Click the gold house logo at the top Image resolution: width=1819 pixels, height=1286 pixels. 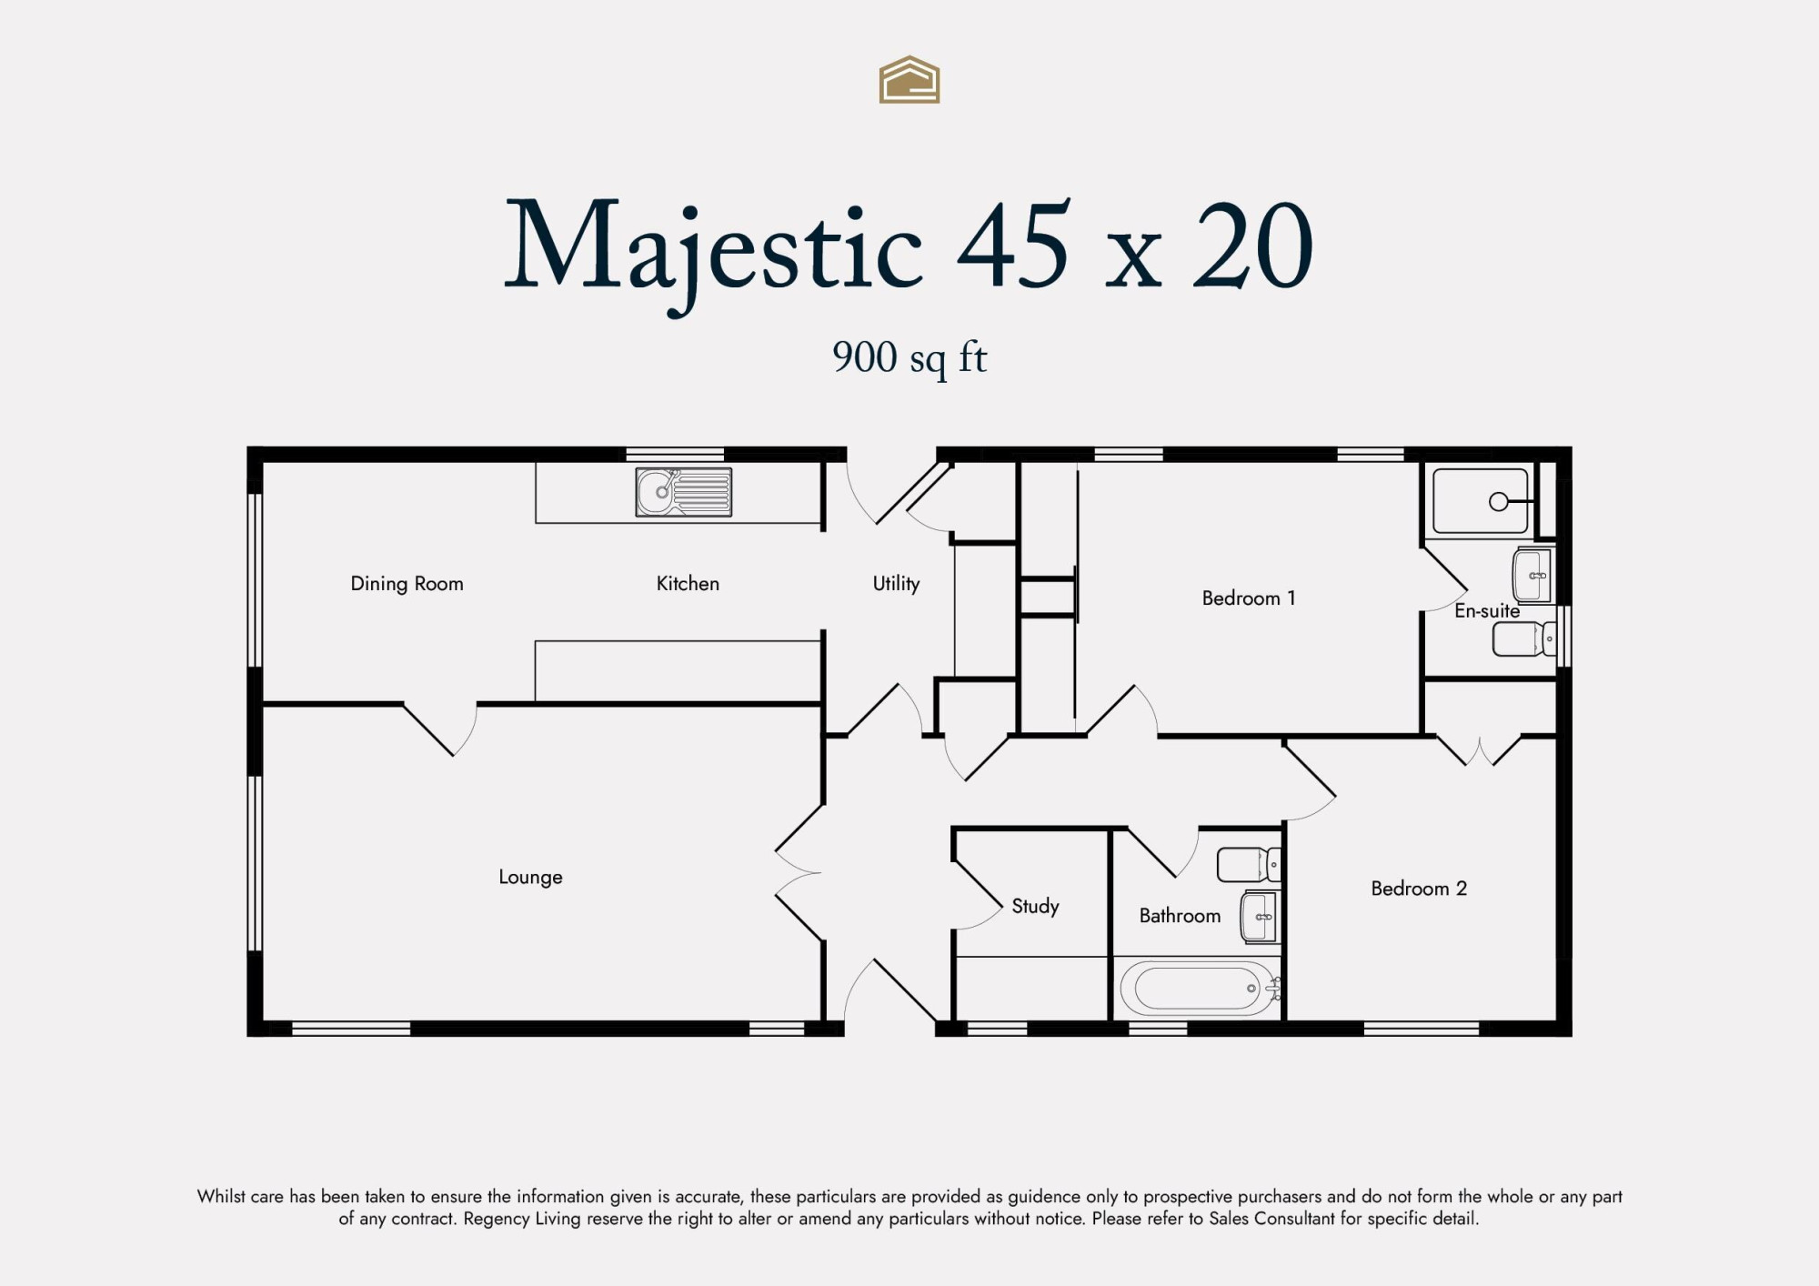click(x=909, y=80)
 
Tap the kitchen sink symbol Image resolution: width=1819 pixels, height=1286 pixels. click(x=683, y=492)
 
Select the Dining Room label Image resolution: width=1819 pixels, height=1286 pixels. click(x=407, y=584)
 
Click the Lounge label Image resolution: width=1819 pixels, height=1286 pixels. click(x=530, y=878)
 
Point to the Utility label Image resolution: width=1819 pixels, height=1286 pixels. click(x=896, y=584)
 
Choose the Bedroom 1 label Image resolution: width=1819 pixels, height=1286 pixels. click(x=1249, y=598)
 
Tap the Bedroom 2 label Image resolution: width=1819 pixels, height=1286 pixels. click(x=1419, y=889)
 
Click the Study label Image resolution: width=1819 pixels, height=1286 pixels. click(x=1035, y=906)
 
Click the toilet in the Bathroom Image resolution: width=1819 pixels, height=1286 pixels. click(x=1249, y=865)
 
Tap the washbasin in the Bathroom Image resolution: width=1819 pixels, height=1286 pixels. click(x=1259, y=917)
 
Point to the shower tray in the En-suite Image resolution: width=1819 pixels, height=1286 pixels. click(x=1481, y=501)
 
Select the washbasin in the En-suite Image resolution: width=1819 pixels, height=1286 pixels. click(x=1532, y=575)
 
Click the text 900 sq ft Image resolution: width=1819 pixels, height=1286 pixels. click(x=909, y=358)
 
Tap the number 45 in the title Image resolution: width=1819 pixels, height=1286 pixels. click(x=1013, y=246)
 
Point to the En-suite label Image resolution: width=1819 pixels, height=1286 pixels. click(x=1487, y=611)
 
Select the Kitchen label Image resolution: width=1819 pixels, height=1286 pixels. click(x=688, y=584)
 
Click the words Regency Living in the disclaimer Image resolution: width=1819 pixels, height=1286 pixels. click(x=521, y=1219)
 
